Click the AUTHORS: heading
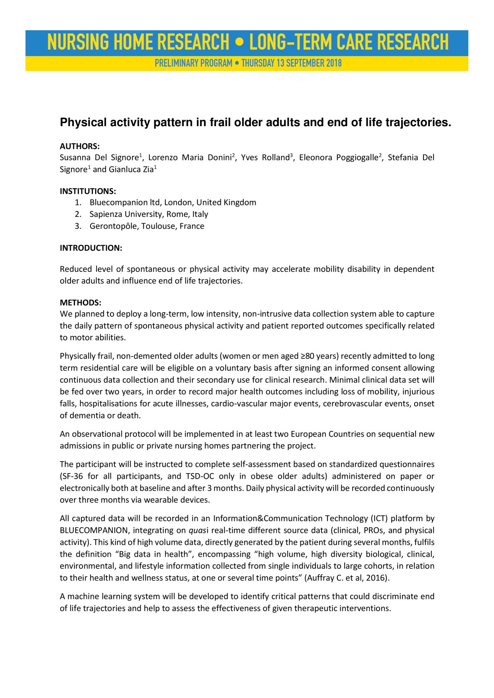tap(80, 146)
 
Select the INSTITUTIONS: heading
tap(88, 191)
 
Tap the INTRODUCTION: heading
tap(91, 248)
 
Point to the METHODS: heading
tap(80, 302)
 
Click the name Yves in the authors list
tap(249, 158)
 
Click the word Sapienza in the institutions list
tap(106, 214)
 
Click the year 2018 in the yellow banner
tap(334, 63)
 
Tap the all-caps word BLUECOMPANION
tap(94, 530)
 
